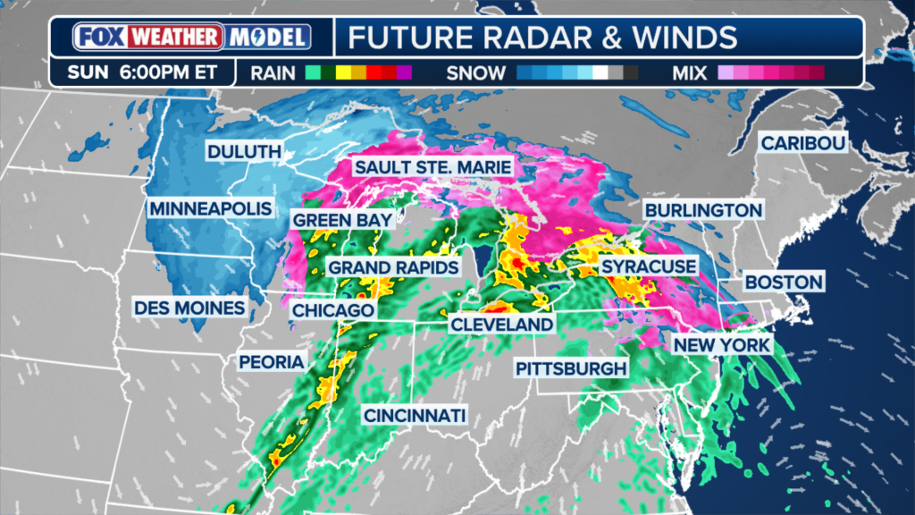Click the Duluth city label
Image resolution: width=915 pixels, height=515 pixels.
click(245, 151)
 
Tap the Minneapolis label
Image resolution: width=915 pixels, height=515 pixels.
click(210, 208)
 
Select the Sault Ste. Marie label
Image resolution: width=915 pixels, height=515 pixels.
click(432, 167)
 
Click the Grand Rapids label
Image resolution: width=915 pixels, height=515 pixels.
click(393, 267)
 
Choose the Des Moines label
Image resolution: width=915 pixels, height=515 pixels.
click(189, 308)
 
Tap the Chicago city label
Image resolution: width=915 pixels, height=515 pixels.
click(332, 310)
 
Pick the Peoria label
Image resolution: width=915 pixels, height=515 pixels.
click(272, 361)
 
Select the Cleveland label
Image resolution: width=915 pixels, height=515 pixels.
click(501, 324)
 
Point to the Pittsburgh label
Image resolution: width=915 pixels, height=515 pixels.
click(571, 368)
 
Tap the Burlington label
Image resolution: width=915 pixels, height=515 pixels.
click(703, 210)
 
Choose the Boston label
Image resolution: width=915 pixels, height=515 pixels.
click(784, 282)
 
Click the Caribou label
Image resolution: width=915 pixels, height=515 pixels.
click(802, 143)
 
